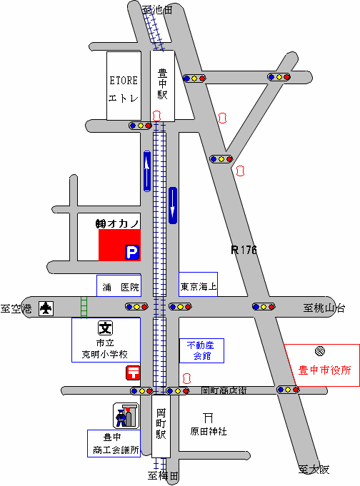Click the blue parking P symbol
coord(132,253)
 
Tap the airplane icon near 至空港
coord(46,308)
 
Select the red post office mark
coord(133,373)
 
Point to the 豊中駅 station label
coord(162,84)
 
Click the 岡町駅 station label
coord(161,424)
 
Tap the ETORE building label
coord(124,81)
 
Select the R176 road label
coord(244,250)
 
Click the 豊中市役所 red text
coord(324,370)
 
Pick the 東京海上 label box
coord(198,285)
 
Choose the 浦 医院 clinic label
coord(119,285)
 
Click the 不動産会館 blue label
coord(201,350)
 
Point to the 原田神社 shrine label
coord(209,431)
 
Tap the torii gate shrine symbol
coord(209,417)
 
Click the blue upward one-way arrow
coord(147,171)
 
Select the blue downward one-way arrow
coord(173,206)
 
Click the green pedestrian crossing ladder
coord(84,307)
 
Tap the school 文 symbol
coord(105,328)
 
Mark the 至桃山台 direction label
coord(324,308)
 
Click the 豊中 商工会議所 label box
coord(114,443)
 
